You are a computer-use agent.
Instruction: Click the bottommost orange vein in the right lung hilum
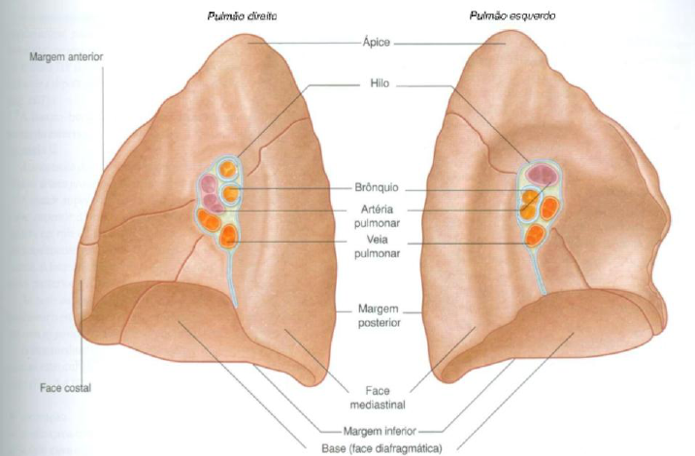[229, 237]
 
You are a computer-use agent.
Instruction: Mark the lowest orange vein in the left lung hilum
[534, 235]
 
